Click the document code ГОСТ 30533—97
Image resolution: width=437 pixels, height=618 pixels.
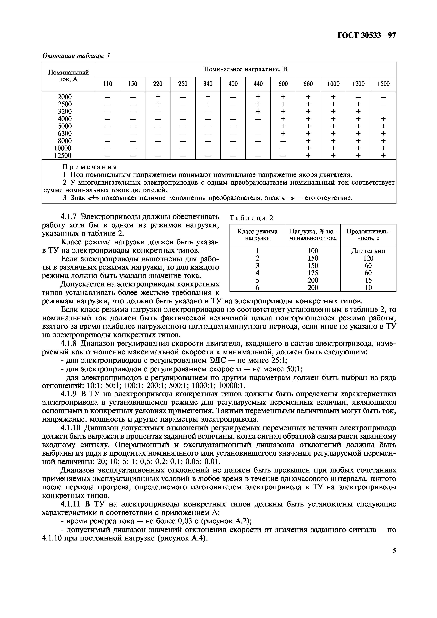[x=366, y=36]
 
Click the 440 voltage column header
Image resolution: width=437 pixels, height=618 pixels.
[x=258, y=84]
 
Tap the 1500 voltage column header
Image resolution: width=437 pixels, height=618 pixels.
[x=383, y=84]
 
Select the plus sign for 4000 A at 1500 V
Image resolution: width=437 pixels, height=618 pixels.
[x=383, y=119]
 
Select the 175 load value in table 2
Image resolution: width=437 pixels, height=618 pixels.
[x=313, y=273]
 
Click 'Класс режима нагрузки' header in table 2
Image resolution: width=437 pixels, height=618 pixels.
[x=257, y=235]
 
